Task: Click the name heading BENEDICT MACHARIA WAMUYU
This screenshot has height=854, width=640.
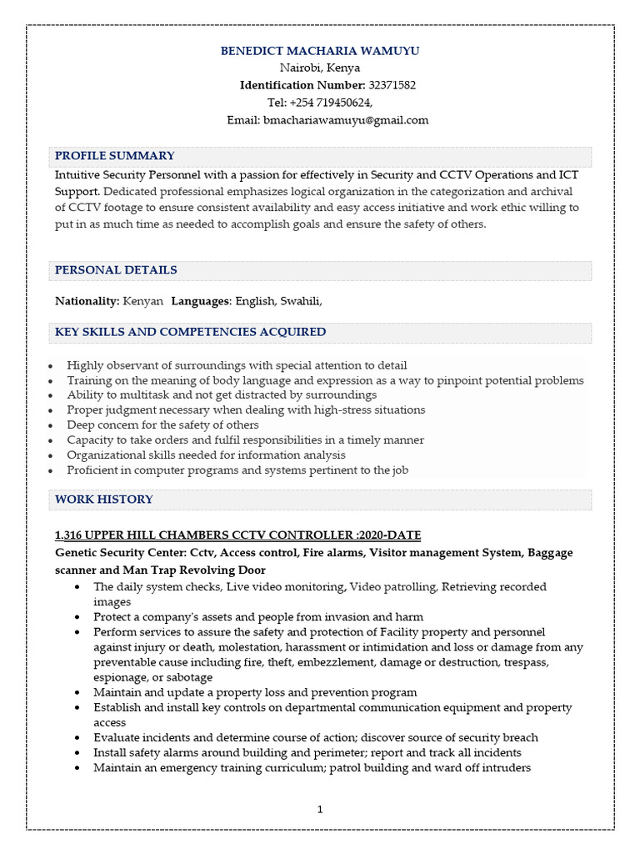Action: point(320,51)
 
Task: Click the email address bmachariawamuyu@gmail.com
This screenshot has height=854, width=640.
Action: point(346,120)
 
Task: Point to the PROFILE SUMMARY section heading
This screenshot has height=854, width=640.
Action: point(115,156)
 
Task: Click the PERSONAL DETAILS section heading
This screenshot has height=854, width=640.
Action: point(116,270)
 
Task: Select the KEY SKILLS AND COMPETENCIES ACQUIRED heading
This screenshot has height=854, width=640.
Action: point(190,332)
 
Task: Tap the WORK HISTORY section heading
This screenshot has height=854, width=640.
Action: point(104,500)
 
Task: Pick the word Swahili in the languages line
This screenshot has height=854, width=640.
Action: point(300,301)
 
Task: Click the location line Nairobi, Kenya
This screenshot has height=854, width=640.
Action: point(320,68)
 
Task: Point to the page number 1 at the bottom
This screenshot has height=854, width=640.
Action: point(320,809)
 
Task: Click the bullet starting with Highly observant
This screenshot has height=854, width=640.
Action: point(237,365)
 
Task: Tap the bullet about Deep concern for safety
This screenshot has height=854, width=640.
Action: point(162,425)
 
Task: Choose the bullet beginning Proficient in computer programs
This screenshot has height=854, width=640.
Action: point(237,470)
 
